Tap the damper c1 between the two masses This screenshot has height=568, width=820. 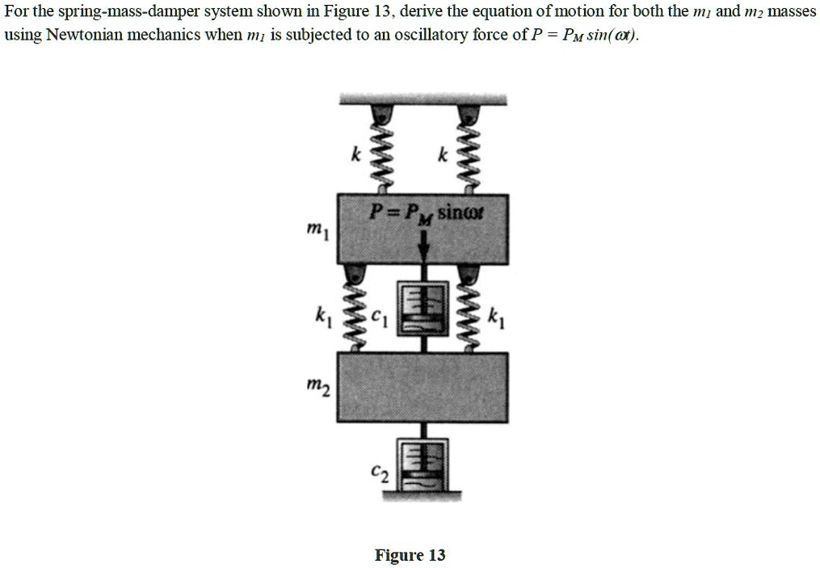point(421,308)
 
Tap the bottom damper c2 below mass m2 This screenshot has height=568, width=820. point(421,464)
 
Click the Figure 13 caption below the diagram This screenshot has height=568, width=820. point(410,555)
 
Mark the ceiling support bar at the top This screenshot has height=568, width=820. point(422,99)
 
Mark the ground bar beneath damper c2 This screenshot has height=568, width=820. point(421,499)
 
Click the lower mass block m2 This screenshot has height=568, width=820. point(422,388)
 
